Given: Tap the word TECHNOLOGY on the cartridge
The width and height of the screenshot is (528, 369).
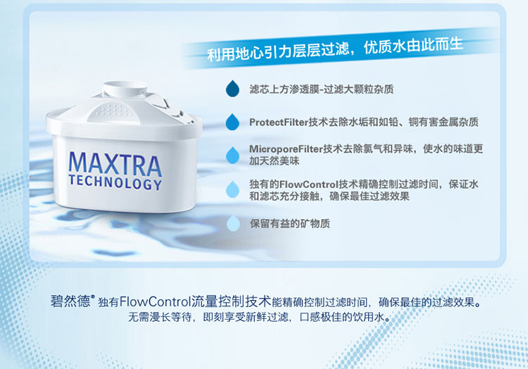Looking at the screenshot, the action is [x=115, y=182].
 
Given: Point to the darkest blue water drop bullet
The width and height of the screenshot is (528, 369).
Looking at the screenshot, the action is [x=232, y=89].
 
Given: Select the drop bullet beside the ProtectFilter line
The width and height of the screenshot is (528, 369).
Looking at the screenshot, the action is [x=232, y=122].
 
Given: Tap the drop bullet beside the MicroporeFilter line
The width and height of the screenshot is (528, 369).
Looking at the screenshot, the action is [x=232, y=155].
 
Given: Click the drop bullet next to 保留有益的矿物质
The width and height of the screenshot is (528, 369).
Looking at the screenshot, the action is [x=233, y=223].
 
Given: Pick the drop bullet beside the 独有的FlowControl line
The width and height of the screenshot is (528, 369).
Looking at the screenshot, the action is [x=233, y=189].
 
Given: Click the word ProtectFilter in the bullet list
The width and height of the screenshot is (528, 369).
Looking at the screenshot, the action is [x=279, y=123].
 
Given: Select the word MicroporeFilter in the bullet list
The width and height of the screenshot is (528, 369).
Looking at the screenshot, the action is [x=286, y=149].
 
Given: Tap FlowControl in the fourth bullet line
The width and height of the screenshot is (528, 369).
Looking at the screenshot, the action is [x=308, y=184].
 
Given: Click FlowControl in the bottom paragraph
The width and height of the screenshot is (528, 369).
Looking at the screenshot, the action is [x=156, y=301].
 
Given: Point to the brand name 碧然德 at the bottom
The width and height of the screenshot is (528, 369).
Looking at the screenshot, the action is [x=70, y=301].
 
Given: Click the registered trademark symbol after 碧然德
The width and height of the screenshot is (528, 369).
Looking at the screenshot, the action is [x=93, y=296].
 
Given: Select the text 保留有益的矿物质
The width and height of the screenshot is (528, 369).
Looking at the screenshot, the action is [x=289, y=223].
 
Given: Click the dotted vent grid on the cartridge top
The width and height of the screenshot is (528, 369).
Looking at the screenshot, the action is [x=113, y=111].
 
